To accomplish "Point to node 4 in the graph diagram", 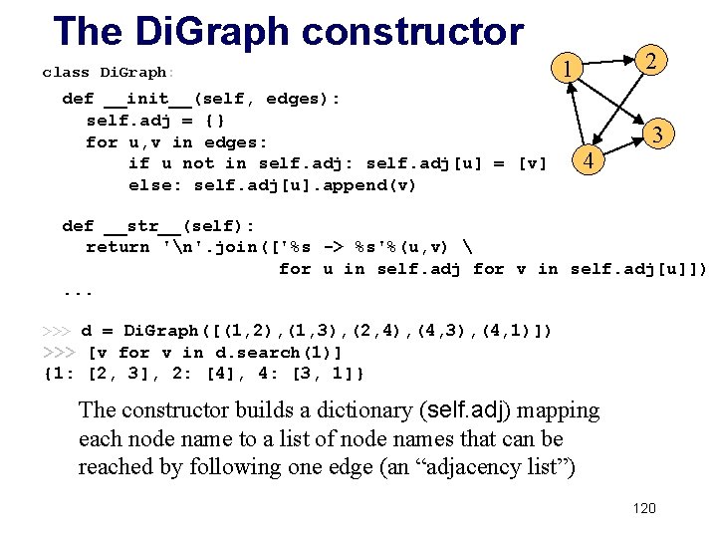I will click(589, 160).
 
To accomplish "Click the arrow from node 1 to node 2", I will click(606, 65).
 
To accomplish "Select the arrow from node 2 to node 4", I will click(619, 109).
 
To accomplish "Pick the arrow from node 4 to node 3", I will click(624, 146).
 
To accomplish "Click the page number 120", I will click(644, 508).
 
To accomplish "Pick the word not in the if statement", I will click(198, 163).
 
